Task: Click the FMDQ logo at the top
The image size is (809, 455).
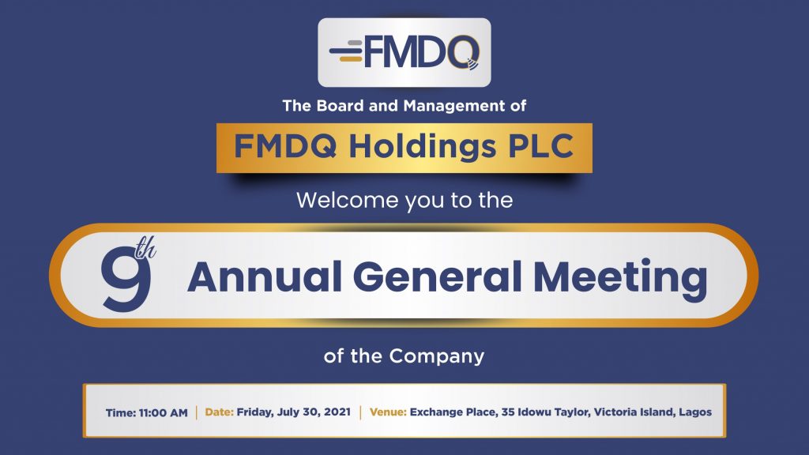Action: (404, 51)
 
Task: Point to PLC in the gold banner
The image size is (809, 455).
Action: (540, 146)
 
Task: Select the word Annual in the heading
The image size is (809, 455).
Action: (265, 277)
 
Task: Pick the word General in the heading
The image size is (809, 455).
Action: (437, 277)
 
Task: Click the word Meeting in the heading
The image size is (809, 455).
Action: (619, 279)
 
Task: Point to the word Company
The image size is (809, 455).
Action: (436, 357)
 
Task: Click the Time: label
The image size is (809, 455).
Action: (121, 412)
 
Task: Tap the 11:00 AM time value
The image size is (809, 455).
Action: (163, 412)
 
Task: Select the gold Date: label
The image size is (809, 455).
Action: (220, 412)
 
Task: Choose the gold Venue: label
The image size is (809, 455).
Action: (388, 412)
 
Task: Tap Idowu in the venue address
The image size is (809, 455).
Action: (533, 412)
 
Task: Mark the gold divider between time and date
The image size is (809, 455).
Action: (197, 412)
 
